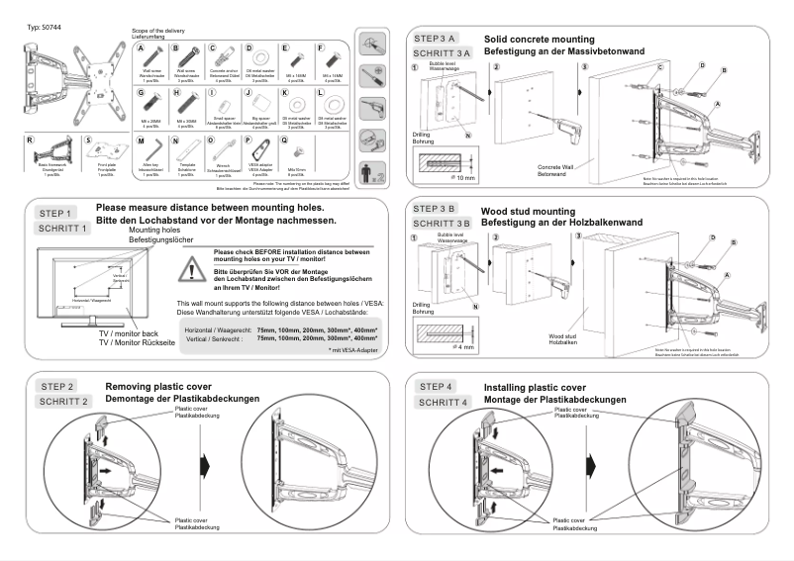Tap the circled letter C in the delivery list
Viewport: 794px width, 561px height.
[x=213, y=47]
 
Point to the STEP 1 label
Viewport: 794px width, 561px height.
[x=55, y=213]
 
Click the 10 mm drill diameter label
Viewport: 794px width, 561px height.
[x=462, y=180]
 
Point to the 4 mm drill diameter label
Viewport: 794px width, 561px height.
[x=461, y=347]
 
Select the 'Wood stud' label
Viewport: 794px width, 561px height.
[x=562, y=337]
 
